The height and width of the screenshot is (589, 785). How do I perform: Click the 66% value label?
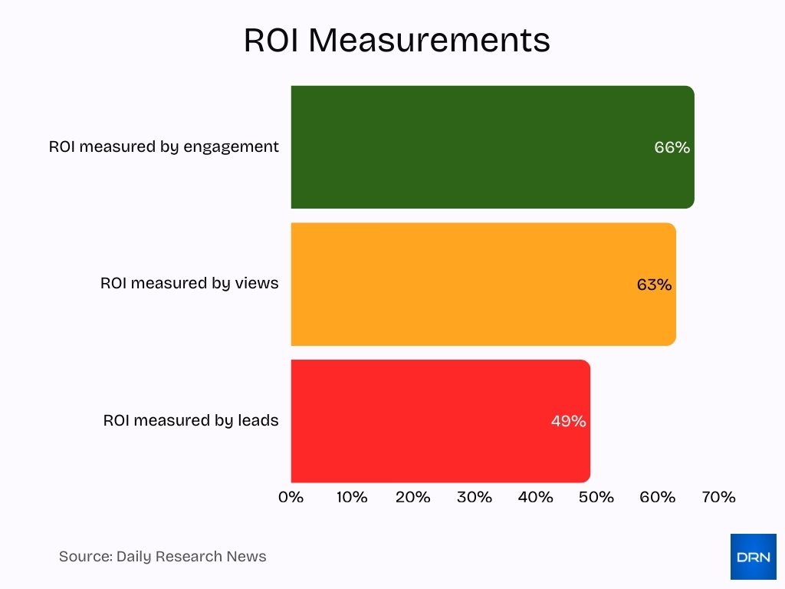[x=672, y=147]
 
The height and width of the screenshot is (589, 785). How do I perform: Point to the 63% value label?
[x=654, y=285]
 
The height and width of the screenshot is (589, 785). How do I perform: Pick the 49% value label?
[x=568, y=421]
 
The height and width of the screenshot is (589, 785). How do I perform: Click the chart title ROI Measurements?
[x=396, y=41]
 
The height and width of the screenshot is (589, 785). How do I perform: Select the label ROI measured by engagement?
[x=164, y=146]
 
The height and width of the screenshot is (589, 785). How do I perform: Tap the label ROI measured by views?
[x=189, y=283]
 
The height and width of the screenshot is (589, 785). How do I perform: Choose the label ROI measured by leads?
[x=191, y=420]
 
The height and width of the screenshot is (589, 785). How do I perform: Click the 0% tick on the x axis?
[x=291, y=497]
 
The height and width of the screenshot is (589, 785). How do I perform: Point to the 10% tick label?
[x=352, y=497]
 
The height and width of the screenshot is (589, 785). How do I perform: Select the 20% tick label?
[x=413, y=497]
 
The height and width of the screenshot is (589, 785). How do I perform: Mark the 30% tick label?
[x=475, y=497]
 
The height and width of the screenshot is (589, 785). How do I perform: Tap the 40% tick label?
[x=535, y=497]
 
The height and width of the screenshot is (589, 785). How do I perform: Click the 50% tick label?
[x=596, y=497]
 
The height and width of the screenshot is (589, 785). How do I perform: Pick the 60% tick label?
[x=658, y=497]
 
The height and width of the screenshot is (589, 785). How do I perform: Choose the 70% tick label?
[x=718, y=497]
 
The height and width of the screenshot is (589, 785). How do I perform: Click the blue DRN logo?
[x=753, y=557]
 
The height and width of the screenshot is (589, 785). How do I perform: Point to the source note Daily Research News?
[x=163, y=557]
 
